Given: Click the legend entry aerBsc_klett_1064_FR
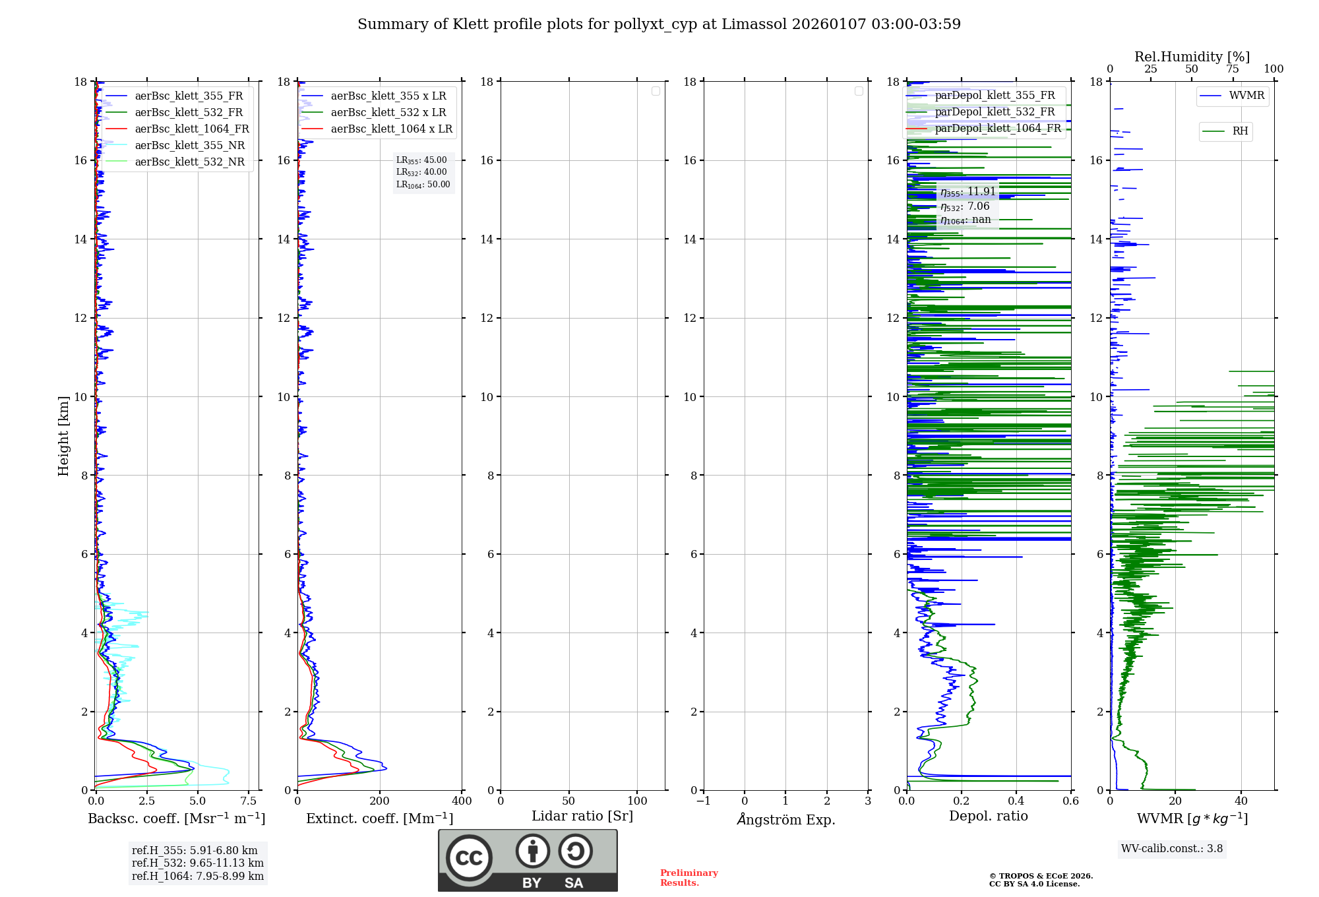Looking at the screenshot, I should tap(191, 129).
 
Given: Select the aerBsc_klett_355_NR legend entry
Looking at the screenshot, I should tap(189, 146).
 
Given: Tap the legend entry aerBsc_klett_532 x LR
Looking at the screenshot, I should tap(388, 113).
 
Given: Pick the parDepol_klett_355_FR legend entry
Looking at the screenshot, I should tap(995, 96).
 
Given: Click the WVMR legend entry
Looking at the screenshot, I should tap(1246, 96).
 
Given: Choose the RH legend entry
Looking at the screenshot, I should tap(1240, 131).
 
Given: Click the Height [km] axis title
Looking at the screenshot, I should tap(63, 436).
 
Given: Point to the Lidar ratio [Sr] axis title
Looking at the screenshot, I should tap(582, 817).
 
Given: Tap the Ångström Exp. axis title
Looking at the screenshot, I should tap(786, 820).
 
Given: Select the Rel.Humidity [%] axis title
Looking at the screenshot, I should tap(1192, 57).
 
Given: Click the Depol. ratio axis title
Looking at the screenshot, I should tap(988, 817).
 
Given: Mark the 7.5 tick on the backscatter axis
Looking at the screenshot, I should tap(249, 801).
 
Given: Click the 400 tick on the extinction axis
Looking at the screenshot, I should tap(462, 801).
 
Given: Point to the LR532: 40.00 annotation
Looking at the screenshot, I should tap(421, 172).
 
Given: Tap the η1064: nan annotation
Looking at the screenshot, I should tap(966, 220).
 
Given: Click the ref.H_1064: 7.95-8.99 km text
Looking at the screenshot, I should tap(198, 877).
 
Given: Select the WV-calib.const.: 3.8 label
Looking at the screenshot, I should tap(1172, 849).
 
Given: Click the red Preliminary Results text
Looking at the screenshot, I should tap(689, 878).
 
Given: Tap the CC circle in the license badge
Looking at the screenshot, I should tap(469, 858).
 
